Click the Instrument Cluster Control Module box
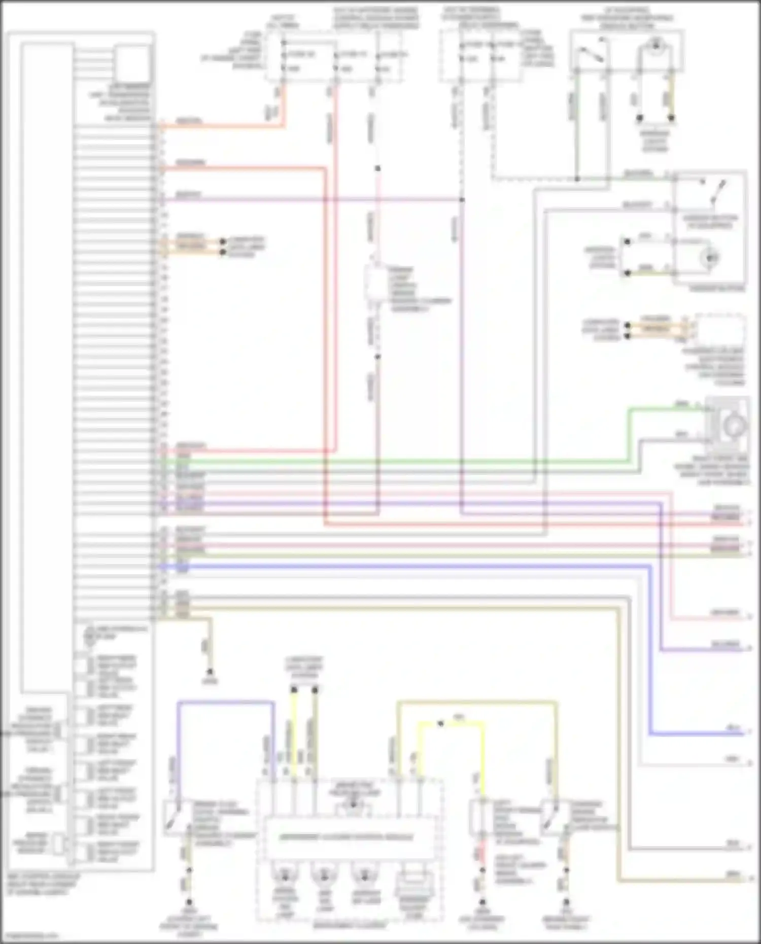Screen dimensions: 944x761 tap(348, 836)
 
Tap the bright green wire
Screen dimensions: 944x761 tap(406, 461)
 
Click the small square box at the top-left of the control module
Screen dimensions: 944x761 tap(133, 63)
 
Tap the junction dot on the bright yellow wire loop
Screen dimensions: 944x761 tap(440, 723)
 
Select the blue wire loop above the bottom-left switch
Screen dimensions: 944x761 tap(223, 703)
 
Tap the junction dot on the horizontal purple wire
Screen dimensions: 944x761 tap(462, 200)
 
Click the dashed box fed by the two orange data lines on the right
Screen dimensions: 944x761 tap(720, 330)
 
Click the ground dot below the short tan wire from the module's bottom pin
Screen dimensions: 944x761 tap(210, 672)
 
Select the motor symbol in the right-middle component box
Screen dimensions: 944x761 tap(710, 258)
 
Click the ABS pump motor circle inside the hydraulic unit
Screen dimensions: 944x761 tap(90, 635)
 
